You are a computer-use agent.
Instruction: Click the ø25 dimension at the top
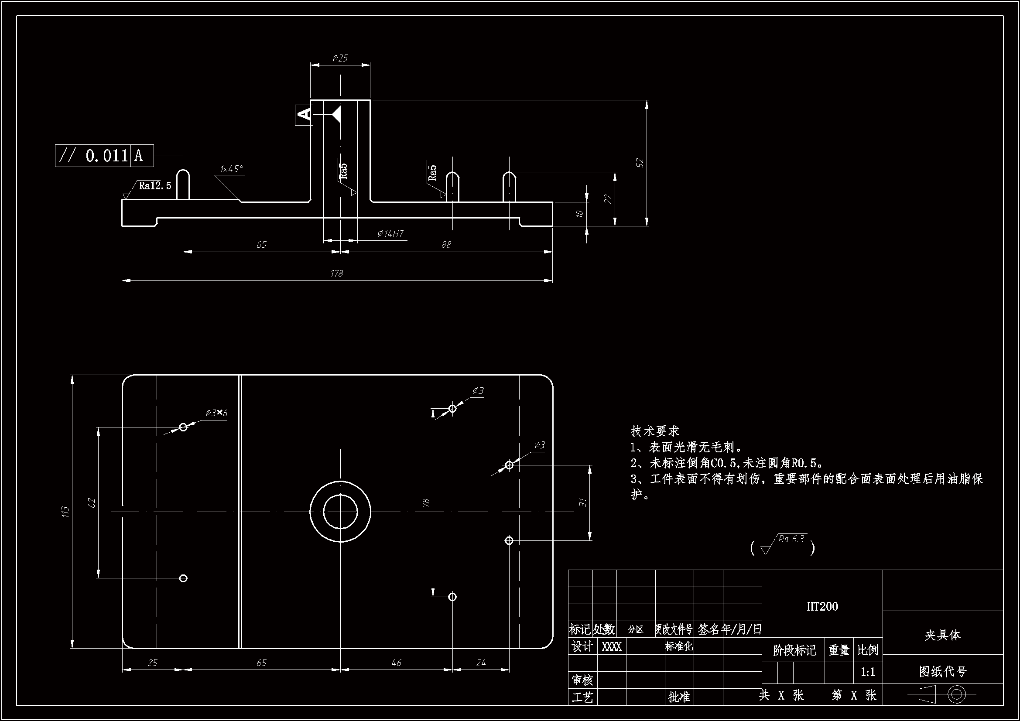[x=340, y=58]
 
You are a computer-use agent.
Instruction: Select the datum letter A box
[x=304, y=115]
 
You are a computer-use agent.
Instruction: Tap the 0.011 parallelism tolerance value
[x=106, y=155]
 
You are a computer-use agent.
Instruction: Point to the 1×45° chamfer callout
[x=232, y=169]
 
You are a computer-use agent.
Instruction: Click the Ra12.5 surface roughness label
[x=154, y=186]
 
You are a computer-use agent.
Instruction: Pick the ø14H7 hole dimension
[x=390, y=234]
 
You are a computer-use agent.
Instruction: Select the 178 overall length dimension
[x=337, y=273]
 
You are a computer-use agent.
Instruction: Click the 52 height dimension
[x=640, y=163]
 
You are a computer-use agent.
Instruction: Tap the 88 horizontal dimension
[x=446, y=245]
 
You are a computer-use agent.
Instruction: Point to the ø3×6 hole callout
[x=216, y=413]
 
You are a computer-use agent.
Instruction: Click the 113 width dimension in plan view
[x=66, y=512]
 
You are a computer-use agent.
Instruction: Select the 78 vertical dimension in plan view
[x=426, y=503]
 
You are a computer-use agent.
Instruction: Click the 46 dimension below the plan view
[x=396, y=663]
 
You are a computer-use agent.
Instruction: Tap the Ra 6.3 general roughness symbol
[x=791, y=539]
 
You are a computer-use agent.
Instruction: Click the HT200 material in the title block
[x=822, y=607]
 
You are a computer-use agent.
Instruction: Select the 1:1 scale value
[x=868, y=672]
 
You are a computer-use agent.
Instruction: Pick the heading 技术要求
[x=655, y=431]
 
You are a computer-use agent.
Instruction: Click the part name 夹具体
[x=942, y=635]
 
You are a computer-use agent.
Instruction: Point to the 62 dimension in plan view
[x=92, y=503]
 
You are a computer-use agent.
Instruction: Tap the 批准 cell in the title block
[x=679, y=697]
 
